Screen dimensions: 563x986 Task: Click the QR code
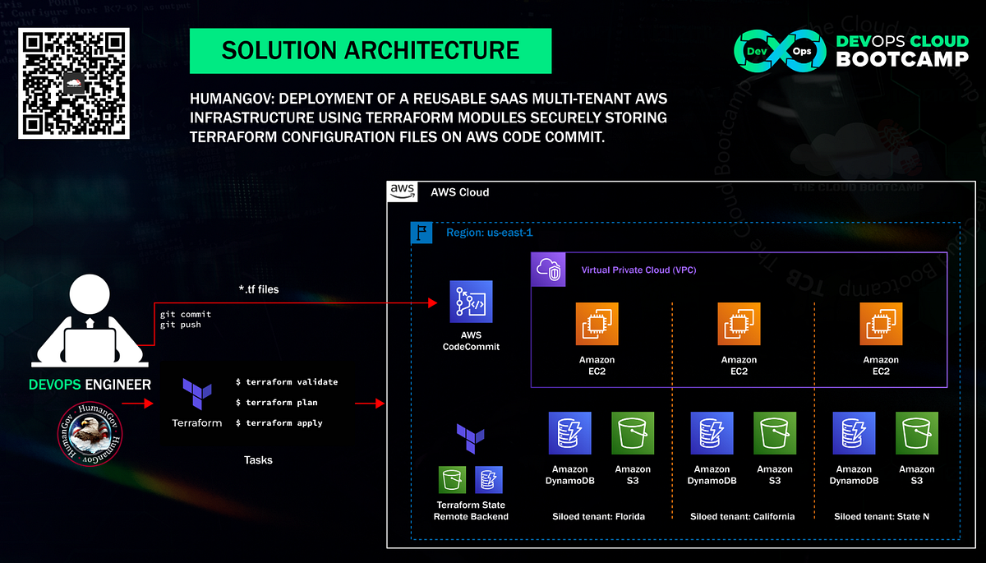[x=75, y=83]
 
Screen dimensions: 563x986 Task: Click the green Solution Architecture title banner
[x=371, y=51]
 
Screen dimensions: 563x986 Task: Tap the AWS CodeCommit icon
[x=471, y=302]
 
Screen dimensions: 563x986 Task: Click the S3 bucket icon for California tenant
[x=774, y=433]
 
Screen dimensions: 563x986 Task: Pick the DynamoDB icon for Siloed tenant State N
[x=854, y=433]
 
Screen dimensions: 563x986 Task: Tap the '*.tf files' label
[x=258, y=289]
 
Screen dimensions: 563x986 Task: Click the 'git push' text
[x=181, y=325]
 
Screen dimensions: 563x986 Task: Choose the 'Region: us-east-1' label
[x=490, y=233]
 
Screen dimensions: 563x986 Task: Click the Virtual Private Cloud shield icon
[x=548, y=269]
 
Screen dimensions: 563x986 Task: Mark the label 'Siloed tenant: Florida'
[x=598, y=517]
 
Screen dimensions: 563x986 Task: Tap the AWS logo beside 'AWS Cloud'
[x=402, y=191]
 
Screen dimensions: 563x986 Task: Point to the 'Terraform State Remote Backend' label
[x=471, y=510]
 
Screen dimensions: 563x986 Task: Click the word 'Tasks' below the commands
[x=258, y=460]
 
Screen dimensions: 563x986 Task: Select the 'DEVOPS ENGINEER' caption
[x=90, y=385]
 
